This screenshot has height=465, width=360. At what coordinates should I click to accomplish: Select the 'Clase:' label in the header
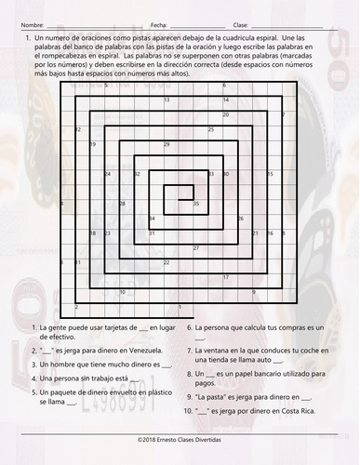240,23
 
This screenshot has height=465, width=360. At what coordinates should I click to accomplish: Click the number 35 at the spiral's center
195,203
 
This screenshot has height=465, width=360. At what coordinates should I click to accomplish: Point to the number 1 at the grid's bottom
75,307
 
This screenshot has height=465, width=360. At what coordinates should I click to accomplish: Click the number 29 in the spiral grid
167,144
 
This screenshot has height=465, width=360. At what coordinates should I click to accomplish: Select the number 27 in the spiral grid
195,247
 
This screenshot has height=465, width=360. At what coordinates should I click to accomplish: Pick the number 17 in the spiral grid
226,277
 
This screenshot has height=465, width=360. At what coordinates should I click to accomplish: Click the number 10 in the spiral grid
122,292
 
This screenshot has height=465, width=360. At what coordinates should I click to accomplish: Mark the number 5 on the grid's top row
106,85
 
